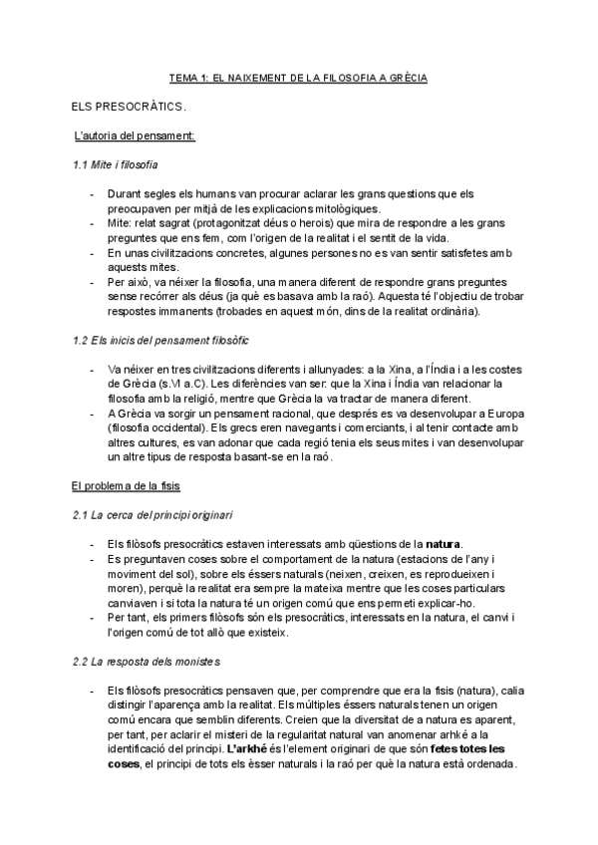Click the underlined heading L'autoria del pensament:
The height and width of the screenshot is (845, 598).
[x=135, y=135]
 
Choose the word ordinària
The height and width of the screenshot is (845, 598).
[x=452, y=312]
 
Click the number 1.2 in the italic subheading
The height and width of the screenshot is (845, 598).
[x=82, y=341]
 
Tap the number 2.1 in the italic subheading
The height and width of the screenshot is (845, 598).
[x=82, y=515]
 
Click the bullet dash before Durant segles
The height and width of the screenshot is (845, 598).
[x=92, y=193]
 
